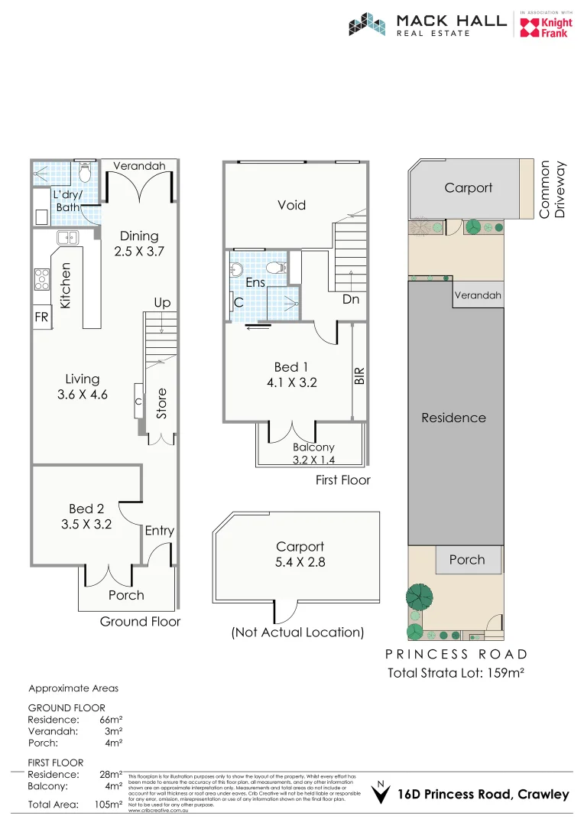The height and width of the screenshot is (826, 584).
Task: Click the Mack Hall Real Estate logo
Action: pos(427,24)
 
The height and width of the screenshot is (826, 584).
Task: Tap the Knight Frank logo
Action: pos(544,26)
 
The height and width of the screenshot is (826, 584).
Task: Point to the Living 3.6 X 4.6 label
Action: pos(82,387)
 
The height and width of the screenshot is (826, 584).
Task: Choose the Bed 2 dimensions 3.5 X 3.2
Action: pos(86,525)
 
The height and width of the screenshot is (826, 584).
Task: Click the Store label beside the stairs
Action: pos(161,404)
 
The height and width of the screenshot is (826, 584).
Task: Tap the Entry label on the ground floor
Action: pos(159,531)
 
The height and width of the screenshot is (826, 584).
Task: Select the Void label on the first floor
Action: pos(291,205)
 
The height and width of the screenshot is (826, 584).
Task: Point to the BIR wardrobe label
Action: pos(360,375)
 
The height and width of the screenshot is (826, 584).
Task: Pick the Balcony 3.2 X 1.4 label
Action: pos(313,454)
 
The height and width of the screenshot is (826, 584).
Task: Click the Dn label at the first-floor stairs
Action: pos(351,300)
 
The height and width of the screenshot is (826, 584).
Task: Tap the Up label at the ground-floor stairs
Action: pos(162,303)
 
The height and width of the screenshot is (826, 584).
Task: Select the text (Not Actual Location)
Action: pos(297,633)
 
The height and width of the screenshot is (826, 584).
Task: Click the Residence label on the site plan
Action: pos(454,418)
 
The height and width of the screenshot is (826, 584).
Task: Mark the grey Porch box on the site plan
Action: pos(467,560)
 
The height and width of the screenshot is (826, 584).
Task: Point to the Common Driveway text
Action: pos(553,189)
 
